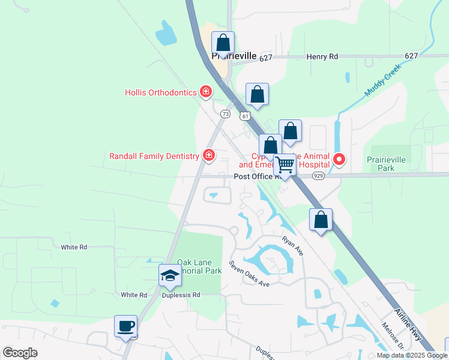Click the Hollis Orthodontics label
pos(161,92)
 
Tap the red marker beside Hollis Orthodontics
pos(206,92)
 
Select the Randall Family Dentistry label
pos(154,156)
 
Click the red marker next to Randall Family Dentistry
pos(209,156)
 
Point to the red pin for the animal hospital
pos(339,159)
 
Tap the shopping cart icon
pos(285,164)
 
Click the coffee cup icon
pos(126,326)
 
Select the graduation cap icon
pos(170,275)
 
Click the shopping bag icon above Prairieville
pos(223,43)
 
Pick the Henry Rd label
pos(322,56)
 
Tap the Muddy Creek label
pos(382,85)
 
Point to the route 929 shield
pos(318,176)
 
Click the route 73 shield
pos(225,113)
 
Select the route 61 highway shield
pos(245,116)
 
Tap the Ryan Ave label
pos(293,245)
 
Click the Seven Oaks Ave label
pos(249,273)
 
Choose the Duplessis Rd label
pos(181,295)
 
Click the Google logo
pos(20,353)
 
